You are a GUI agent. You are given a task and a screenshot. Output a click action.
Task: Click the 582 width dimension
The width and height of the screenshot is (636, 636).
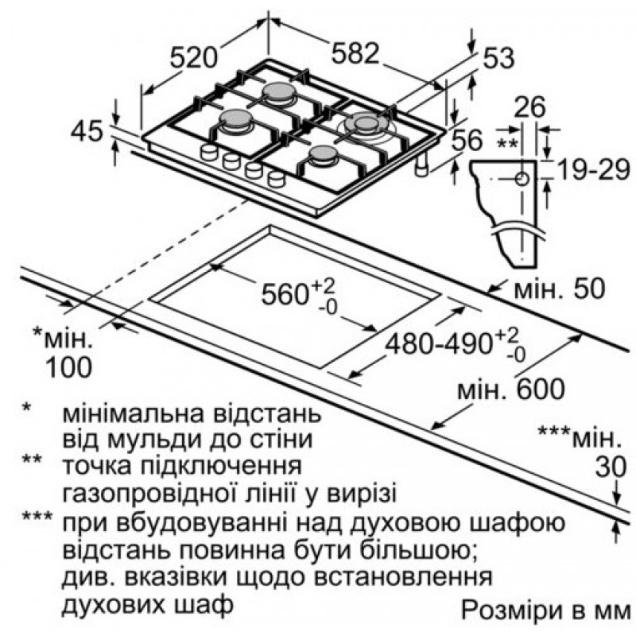tap(355, 52)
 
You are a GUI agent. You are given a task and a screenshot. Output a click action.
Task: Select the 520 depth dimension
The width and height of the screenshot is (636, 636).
tap(194, 57)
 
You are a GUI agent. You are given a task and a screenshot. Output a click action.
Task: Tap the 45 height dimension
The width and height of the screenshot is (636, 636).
tap(87, 131)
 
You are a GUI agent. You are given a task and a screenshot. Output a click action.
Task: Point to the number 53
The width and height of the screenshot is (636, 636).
tap(498, 57)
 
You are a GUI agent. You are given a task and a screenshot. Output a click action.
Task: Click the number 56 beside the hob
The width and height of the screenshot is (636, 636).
tap(467, 140)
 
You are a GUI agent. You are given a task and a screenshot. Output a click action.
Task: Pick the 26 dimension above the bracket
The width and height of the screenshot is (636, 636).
tap(529, 107)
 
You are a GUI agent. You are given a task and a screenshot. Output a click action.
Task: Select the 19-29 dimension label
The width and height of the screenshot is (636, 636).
tap(593, 169)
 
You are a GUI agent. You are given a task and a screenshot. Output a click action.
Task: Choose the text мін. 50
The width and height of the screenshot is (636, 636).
tap(560, 289)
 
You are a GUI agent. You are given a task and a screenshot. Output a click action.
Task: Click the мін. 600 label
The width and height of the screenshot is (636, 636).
tap(511, 388)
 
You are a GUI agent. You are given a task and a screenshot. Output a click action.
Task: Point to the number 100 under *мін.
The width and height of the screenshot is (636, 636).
tap(68, 367)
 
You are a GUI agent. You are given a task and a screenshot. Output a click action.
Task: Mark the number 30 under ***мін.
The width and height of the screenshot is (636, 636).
tap(611, 467)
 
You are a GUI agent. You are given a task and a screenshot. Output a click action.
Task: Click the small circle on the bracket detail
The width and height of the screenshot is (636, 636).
tap(522, 178)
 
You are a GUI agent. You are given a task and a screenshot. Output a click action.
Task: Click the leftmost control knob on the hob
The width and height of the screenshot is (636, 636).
tap(209, 152)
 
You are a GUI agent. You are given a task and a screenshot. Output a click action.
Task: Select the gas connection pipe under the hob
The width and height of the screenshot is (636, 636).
tap(423, 164)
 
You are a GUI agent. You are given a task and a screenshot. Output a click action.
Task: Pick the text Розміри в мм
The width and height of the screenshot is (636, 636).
tap(546, 610)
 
